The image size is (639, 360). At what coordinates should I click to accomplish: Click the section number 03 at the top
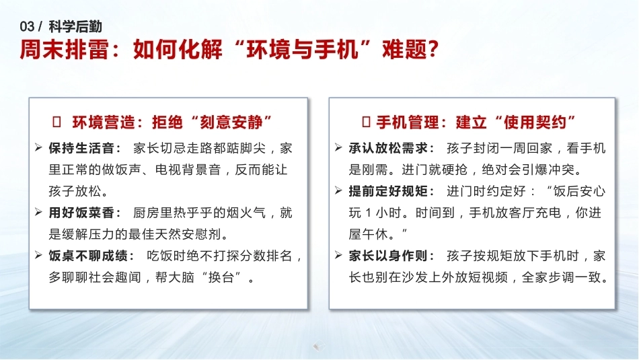point(27,27)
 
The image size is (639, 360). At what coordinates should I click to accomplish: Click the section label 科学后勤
point(75,27)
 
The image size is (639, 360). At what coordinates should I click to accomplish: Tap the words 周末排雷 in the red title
point(64,50)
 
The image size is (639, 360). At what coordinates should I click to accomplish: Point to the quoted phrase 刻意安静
point(231,122)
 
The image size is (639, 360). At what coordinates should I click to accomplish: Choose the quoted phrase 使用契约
point(535,122)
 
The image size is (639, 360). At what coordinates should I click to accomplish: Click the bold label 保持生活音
point(81,148)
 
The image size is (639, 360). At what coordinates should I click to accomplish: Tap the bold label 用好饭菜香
point(81,213)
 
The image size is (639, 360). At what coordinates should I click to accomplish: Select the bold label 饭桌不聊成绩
point(87,256)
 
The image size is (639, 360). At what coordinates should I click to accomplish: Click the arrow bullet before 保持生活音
point(39,147)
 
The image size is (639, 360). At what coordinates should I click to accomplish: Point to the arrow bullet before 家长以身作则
point(338,255)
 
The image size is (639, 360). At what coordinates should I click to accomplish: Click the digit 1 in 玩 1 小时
point(368,213)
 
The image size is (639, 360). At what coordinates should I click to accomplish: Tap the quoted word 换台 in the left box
point(221,277)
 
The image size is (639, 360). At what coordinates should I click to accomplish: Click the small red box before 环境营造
point(57,122)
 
